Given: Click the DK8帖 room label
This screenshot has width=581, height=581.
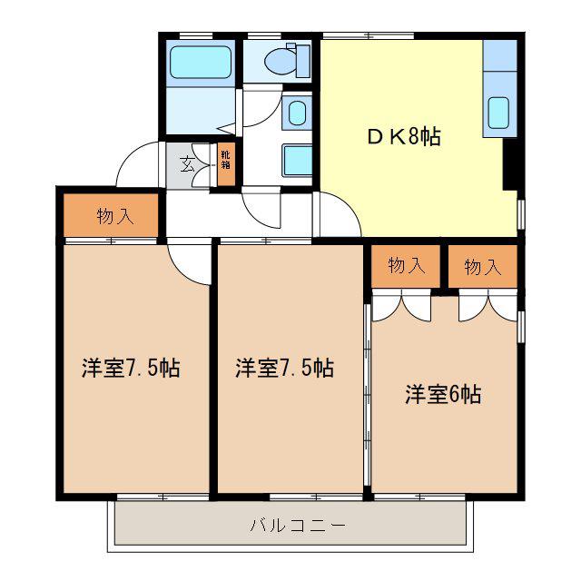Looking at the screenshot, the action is [x=404, y=136].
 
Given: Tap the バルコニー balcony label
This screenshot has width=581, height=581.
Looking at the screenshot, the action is [x=298, y=525].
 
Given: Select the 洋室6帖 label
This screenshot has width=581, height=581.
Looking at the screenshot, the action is [x=443, y=394].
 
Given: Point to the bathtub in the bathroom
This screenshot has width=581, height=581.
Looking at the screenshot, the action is [x=200, y=62].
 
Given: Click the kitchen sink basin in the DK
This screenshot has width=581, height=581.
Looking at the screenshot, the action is [x=498, y=113].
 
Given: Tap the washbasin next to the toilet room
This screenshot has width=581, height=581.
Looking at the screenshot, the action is [x=297, y=113].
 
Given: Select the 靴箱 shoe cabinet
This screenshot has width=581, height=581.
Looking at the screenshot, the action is [x=226, y=164].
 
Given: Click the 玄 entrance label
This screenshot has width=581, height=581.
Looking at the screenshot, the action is [x=188, y=164].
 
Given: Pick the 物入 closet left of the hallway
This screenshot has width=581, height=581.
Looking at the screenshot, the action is [x=111, y=215].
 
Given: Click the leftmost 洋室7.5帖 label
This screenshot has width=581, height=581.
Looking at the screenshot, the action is [x=131, y=368].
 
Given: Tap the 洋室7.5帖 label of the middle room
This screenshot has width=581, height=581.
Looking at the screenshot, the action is [x=284, y=368].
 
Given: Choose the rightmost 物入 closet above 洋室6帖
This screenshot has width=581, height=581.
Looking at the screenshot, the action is [x=482, y=266].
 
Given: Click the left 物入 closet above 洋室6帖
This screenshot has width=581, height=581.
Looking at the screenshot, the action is [x=406, y=266].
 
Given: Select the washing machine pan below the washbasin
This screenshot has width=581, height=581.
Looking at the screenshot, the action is [x=297, y=161].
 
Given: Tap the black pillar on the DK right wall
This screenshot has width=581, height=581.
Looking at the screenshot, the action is [x=510, y=164].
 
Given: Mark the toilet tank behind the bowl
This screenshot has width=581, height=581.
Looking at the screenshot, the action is [x=303, y=61].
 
